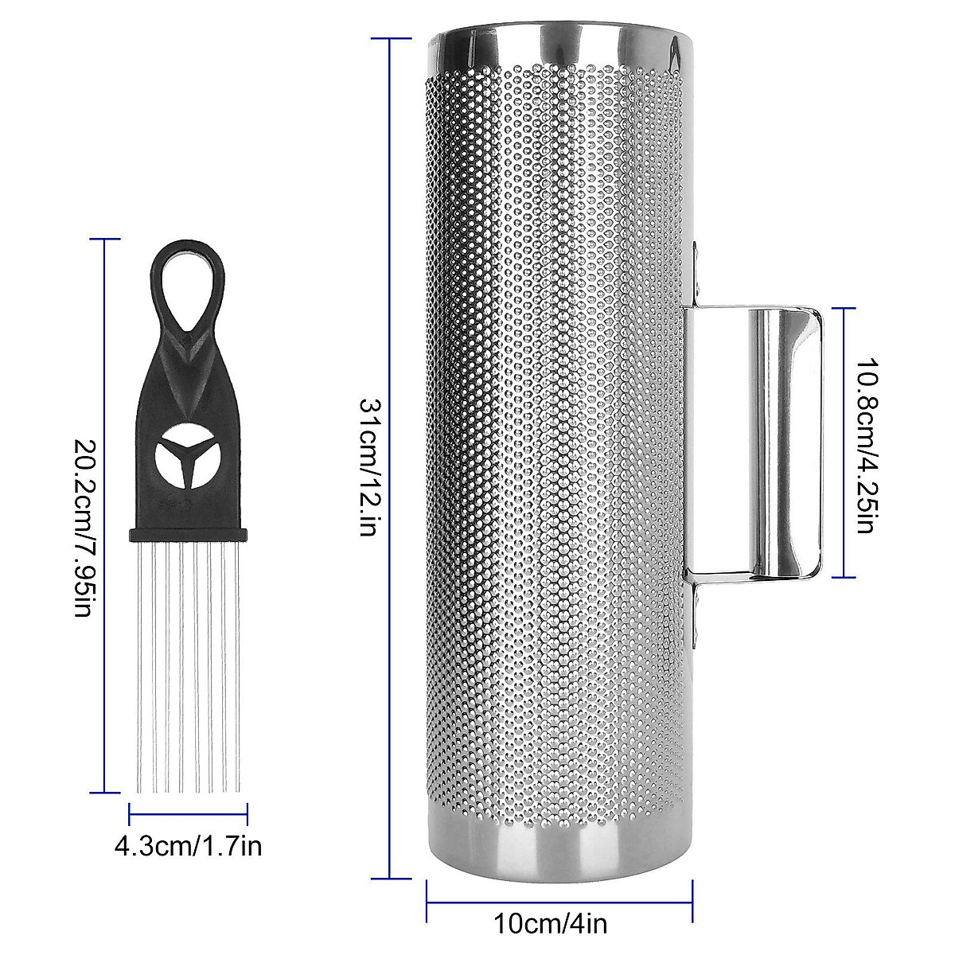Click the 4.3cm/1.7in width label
pos(189,846)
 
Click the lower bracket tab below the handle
pos(696,613)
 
